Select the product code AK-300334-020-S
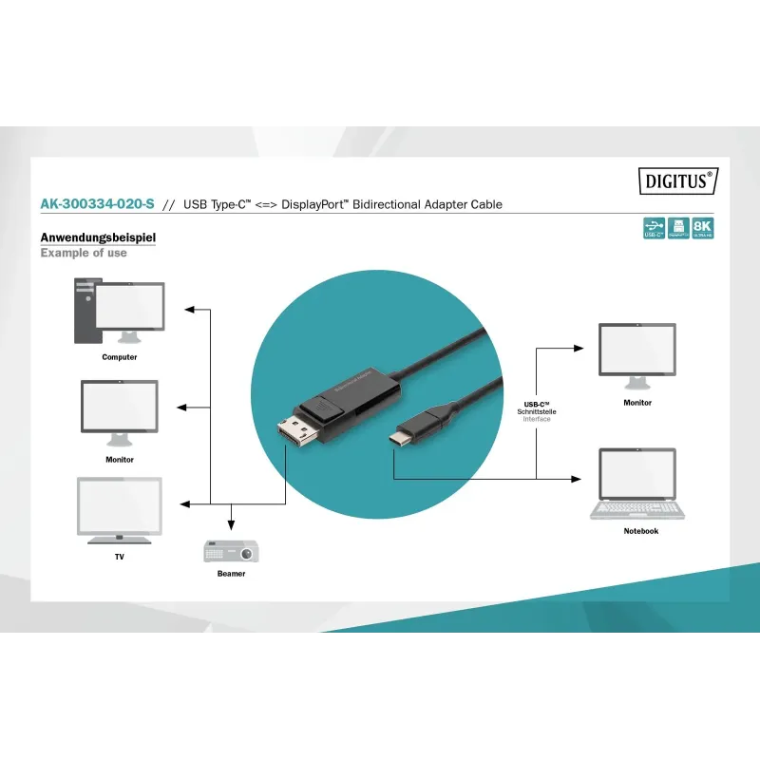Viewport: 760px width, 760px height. pos(97,204)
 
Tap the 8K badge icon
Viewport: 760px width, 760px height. pos(702,228)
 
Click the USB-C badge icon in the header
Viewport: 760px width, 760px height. pos(654,228)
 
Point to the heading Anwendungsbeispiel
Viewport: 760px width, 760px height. pos(98,237)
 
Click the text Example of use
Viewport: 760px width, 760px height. pos(84,253)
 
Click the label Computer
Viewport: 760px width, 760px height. pos(120,357)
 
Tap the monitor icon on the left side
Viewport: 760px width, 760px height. pos(120,411)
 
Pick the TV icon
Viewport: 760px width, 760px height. pos(120,510)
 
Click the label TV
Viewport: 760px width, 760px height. pos(120,557)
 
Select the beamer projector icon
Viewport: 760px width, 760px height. pos(230,551)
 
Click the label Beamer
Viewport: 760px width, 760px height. pos(231,574)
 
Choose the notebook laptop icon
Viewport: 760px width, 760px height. pos(637,484)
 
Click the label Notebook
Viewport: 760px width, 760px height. pos(641,531)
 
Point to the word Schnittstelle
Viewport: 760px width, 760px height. pos(537,411)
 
